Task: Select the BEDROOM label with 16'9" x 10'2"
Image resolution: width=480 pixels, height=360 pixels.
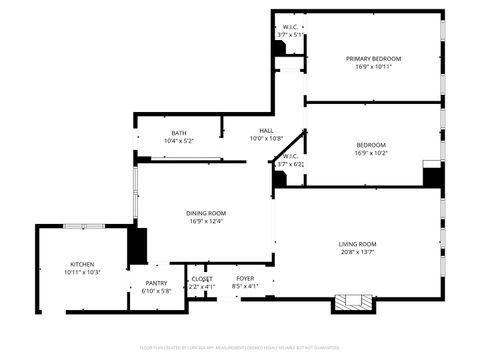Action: pos(370,145)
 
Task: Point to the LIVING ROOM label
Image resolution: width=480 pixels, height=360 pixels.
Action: pos(357,244)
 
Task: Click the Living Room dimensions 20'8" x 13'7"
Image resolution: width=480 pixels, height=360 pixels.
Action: pos(357,253)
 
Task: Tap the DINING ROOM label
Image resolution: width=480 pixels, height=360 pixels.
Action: pos(206,212)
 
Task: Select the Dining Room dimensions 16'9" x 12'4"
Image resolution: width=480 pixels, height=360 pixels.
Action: pos(206,221)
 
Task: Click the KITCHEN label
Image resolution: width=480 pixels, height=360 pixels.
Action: pos(82,263)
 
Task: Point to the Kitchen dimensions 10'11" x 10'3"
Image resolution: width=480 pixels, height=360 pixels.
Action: pos(82,272)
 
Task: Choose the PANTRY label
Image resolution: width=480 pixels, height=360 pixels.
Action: pos(156,283)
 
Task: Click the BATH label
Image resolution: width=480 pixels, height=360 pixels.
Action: pos(178,133)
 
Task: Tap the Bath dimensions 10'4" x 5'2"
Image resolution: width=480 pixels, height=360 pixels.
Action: pos(178,141)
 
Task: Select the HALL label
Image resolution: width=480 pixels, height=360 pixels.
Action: pos(266,130)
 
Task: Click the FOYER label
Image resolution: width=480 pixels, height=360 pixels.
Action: pos(245,278)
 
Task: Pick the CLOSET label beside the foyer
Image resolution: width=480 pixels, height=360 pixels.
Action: pos(202,278)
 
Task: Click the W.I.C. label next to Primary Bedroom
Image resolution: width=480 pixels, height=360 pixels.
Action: pos(289,27)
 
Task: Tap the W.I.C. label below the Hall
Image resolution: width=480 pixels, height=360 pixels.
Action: pos(289,156)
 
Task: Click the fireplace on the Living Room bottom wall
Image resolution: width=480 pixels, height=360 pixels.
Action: pos(352,302)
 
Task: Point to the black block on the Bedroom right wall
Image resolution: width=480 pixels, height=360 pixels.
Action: pos(432,176)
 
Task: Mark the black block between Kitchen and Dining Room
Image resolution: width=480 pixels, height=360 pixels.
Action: pos(137,246)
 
